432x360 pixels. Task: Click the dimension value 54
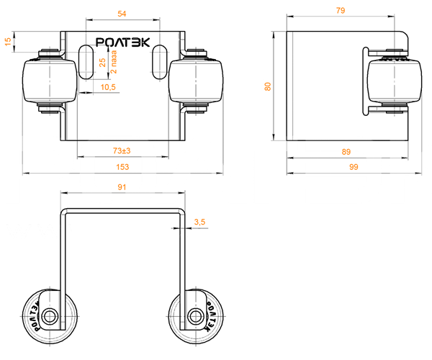122,14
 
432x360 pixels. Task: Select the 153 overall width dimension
122,167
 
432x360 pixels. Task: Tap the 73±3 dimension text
122,150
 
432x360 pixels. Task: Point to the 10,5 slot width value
108,87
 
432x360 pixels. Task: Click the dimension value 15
8,42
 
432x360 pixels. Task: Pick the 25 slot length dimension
102,62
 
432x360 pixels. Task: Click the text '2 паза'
114,62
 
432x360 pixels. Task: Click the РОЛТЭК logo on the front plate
123,42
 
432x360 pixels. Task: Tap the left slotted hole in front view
86,62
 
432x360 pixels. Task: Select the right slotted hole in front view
160,62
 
